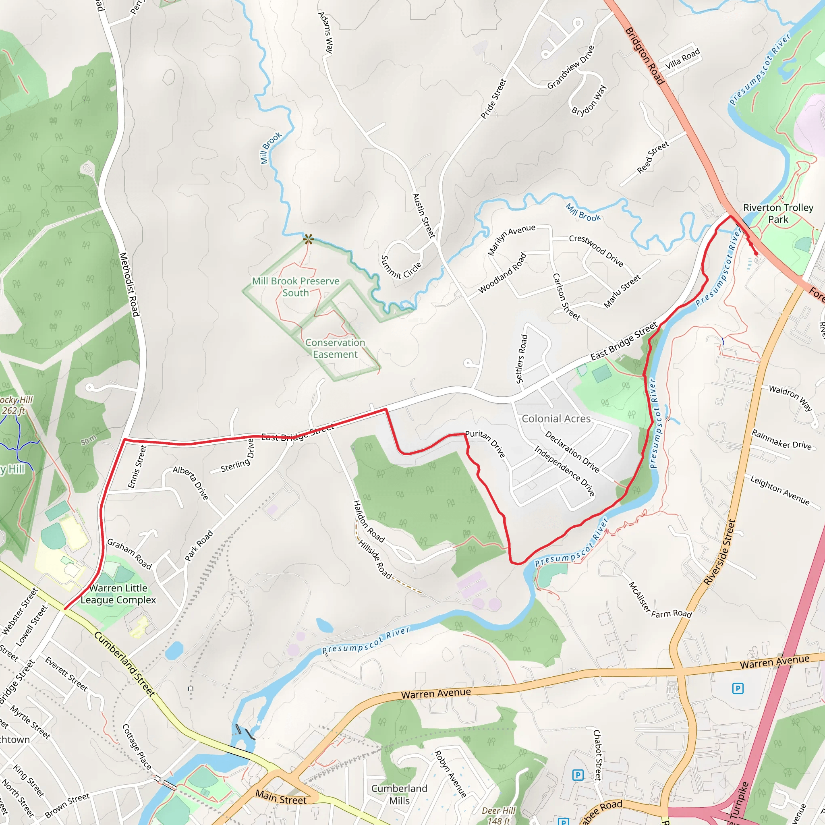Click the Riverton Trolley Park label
coord(778,214)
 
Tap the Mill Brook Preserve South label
coord(296,287)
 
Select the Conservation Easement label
coord(335,348)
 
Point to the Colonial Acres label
coord(556,419)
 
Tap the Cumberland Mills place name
coord(399,794)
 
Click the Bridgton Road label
coord(645,56)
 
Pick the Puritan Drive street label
coord(485,444)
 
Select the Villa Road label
coord(682,58)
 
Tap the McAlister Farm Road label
coord(660,600)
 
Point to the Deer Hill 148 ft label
coord(499,815)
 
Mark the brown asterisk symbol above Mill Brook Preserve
coord(308,239)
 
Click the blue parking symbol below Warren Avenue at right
coord(738,688)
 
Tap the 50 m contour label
coord(89,440)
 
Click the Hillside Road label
coord(375,560)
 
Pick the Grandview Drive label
coord(570,67)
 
